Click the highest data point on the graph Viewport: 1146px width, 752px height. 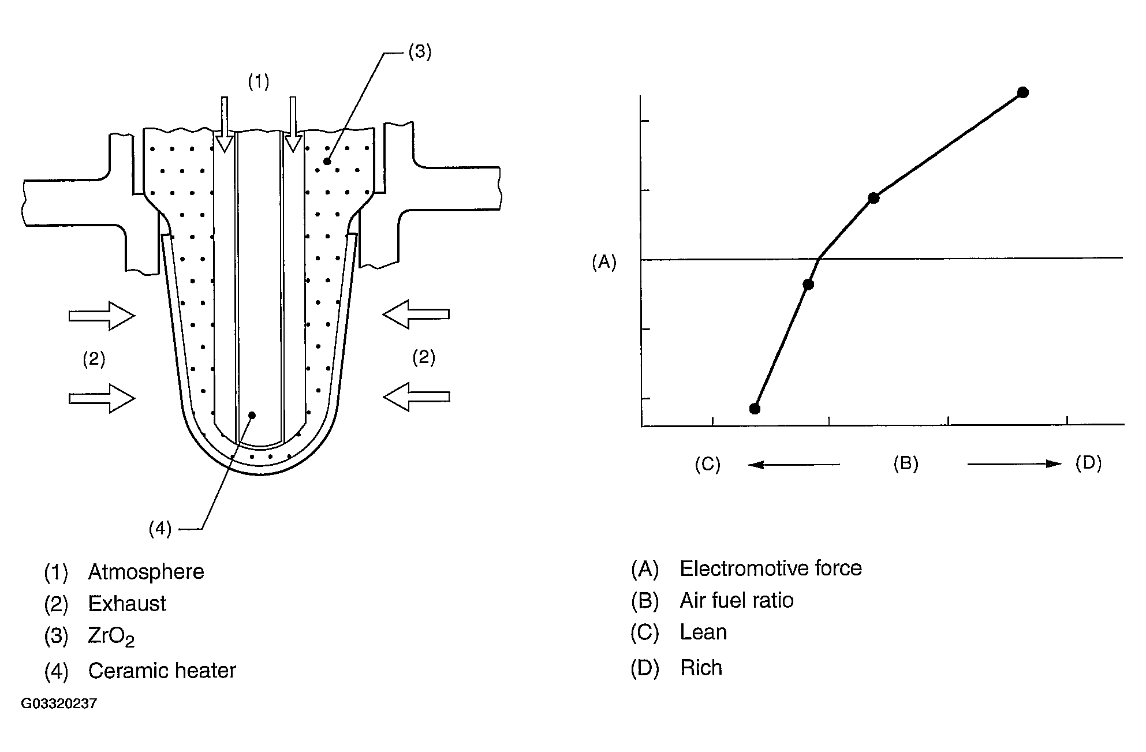(1022, 92)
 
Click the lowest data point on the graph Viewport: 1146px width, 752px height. (755, 409)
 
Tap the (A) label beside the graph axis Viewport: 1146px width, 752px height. (604, 263)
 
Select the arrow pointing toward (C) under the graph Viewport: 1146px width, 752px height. (793, 464)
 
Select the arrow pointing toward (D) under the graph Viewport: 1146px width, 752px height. (1014, 463)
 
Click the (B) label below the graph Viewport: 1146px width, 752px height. (905, 463)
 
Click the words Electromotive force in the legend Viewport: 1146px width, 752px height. (770, 568)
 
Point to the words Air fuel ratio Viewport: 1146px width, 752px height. (736, 601)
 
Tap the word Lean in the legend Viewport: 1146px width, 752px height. (703, 633)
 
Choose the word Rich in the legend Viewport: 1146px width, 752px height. (701, 668)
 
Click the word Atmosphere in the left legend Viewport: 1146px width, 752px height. (146, 572)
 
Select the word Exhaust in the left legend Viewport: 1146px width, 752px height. (127, 604)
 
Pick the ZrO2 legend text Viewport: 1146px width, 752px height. (111, 637)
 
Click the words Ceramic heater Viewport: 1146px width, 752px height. (162, 671)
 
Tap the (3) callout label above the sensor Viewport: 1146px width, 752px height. (420, 52)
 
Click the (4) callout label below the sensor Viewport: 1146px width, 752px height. (160, 528)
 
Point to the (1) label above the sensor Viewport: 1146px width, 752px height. (258, 82)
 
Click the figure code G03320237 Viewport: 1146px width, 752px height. (59, 704)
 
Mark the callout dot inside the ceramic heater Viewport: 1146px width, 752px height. (252, 415)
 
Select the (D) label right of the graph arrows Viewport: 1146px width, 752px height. (1088, 463)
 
